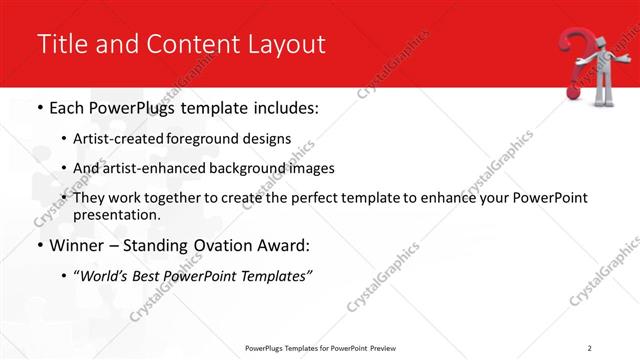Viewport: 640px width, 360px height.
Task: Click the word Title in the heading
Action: [61, 44]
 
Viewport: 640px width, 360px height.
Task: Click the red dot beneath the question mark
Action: [573, 94]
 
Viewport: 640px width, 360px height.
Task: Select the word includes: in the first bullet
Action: [281, 108]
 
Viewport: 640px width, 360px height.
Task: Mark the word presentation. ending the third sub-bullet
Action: [117, 214]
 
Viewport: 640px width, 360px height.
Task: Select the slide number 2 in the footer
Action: [590, 347]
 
